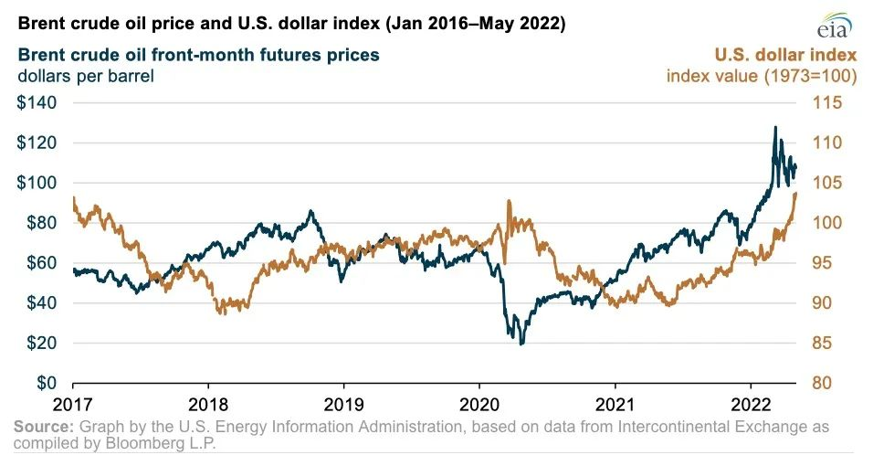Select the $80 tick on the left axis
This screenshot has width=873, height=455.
point(40,223)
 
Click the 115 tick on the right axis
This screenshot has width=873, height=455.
point(827,103)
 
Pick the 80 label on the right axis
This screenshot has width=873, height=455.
point(822,383)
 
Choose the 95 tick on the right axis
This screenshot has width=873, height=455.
point(822,263)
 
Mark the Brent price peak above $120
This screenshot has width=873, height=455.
point(775,128)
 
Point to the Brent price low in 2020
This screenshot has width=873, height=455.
point(521,344)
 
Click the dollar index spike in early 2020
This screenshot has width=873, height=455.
point(508,201)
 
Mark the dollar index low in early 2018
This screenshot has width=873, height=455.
point(220,312)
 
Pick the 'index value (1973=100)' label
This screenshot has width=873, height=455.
point(761,76)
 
